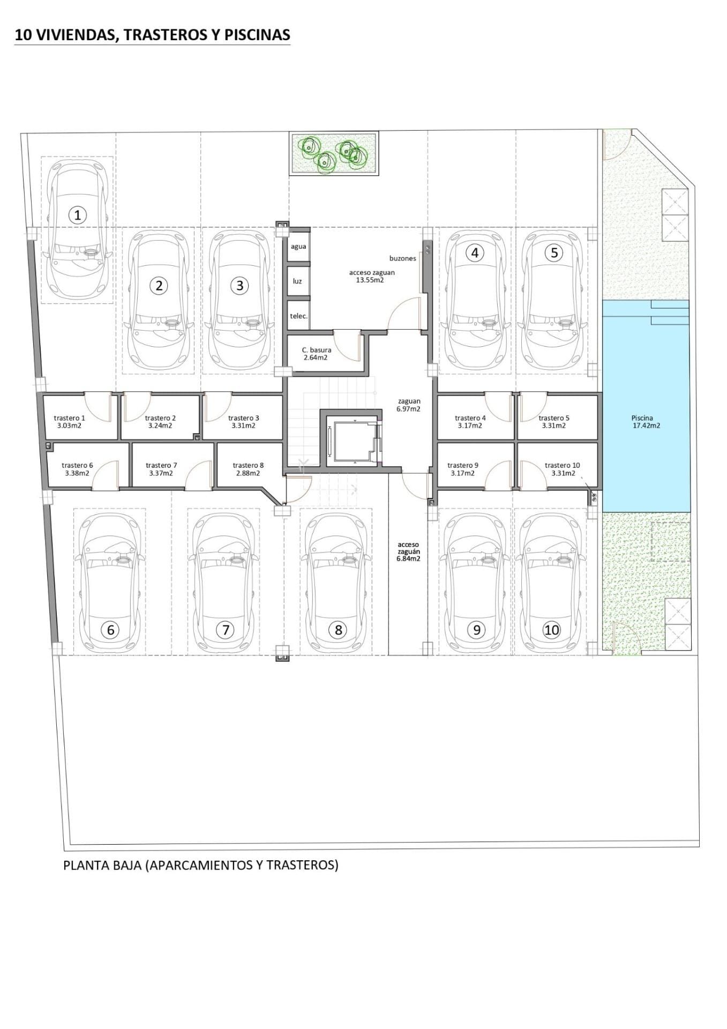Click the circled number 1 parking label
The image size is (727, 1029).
78,215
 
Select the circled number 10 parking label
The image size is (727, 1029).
552,630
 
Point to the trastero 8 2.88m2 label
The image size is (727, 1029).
248,469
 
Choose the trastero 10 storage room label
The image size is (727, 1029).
562,469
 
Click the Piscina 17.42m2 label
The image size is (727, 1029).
645,422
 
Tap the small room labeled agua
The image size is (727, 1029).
298,247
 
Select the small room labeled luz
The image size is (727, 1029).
297,281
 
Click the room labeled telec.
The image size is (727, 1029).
298,316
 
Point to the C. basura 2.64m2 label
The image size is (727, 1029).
316,354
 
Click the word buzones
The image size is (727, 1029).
402,258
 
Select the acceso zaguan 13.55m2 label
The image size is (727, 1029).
372,275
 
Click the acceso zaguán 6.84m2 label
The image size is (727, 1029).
409,551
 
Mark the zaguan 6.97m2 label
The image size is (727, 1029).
409,405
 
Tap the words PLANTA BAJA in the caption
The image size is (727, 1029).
102,864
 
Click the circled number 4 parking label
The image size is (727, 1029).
474,252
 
